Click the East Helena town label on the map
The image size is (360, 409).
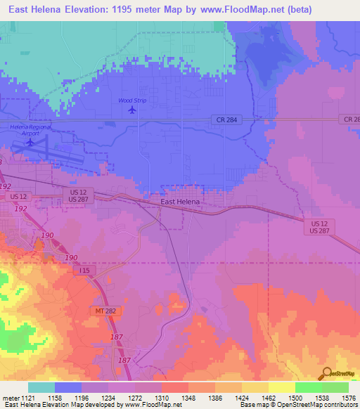tap(180, 202)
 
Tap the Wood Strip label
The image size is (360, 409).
tap(131, 100)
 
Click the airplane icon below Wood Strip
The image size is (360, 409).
tap(131, 110)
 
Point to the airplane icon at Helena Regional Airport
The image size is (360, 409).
tap(30, 142)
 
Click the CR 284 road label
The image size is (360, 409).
tap(224, 120)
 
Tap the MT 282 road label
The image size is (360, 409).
tap(105, 310)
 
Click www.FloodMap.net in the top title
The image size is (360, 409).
tap(234, 9)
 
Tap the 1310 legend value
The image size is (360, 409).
tap(175, 397)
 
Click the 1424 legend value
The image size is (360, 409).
tap(255, 397)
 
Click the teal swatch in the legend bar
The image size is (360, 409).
tap(41, 387)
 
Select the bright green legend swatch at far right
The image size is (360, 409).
tap(335, 387)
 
